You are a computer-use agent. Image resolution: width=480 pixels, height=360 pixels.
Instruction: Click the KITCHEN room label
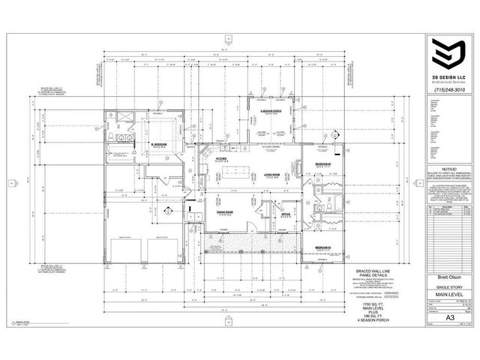coord(222,159)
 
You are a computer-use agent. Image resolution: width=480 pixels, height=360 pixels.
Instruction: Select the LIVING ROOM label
coord(271,174)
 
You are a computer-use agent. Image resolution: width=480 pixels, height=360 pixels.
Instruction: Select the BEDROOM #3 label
coord(324,247)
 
